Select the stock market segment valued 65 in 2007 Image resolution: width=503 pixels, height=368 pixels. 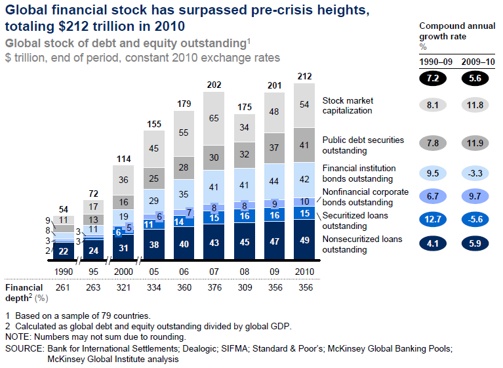[214, 119]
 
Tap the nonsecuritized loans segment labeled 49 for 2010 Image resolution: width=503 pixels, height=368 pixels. [305, 240]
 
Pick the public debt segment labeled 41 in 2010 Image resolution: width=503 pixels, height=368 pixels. [305, 145]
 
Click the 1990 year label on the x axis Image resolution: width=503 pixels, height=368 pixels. [63, 271]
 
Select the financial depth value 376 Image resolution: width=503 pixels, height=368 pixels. [214, 287]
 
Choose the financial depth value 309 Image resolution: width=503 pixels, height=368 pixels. [245, 287]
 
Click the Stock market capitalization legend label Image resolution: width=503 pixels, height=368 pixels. [348, 106]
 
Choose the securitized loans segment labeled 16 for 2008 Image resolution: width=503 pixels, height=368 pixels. [245, 216]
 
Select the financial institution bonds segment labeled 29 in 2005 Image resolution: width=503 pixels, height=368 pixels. [154, 200]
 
